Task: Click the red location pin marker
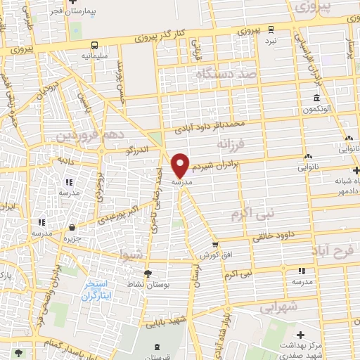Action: click(181, 165)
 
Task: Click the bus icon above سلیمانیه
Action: click(94, 44)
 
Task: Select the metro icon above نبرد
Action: click(290, 29)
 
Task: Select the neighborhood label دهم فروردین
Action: click(99, 134)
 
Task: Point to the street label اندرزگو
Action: click(138, 150)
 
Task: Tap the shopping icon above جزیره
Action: click(73, 226)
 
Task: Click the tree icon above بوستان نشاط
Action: click(147, 274)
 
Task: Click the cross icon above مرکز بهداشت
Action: click(301, 335)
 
